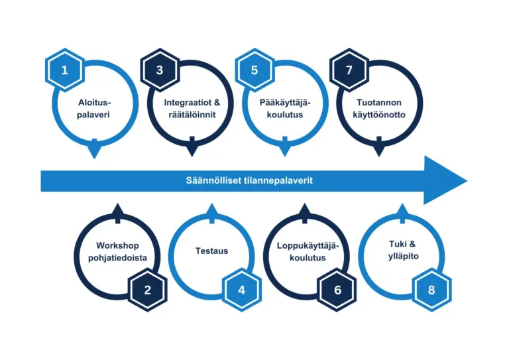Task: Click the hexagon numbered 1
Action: click(64, 69)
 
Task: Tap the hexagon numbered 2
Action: click(148, 290)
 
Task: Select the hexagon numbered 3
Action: click(159, 69)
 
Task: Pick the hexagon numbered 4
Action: click(242, 290)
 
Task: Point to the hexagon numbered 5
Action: click(254, 69)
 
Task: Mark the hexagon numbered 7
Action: click(349, 69)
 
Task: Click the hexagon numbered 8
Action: click(431, 290)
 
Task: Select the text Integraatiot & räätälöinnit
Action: click(190, 109)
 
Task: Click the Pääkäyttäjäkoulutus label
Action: click(285, 109)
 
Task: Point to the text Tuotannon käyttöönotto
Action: click(379, 109)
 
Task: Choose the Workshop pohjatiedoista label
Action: click(117, 251)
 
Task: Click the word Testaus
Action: click(211, 251)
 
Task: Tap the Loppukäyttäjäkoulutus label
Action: click(307, 251)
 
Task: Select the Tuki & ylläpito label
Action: click(401, 251)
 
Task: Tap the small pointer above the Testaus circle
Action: click(211, 211)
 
